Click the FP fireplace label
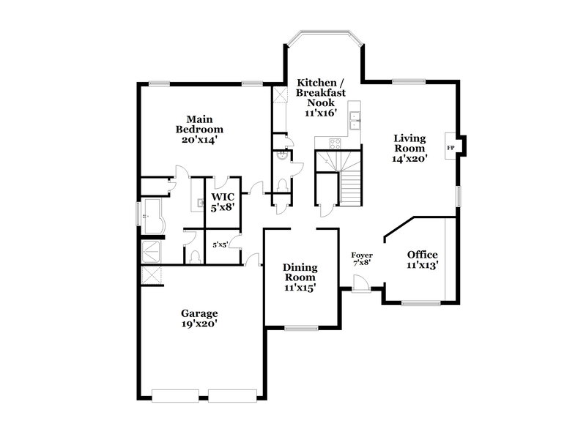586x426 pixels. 450,148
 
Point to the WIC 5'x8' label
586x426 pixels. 223,202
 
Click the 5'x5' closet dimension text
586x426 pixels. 220,245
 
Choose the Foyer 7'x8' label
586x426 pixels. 362,258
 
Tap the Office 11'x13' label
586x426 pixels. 422,260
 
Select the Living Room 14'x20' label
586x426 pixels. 410,147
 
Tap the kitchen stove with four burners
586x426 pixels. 335,143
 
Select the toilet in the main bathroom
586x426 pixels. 194,256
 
